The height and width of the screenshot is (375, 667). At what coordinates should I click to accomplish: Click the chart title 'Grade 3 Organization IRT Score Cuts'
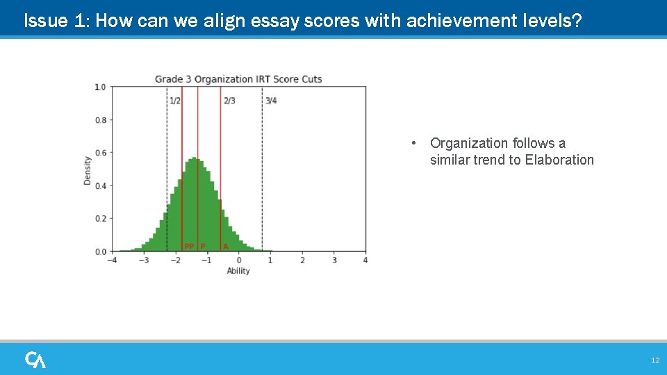pos(238,78)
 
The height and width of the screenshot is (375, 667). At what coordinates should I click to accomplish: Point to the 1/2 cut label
pos(175,101)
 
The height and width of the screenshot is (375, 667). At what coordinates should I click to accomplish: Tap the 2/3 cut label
pos(229,101)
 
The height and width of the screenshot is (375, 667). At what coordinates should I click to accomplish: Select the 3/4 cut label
pos(271,101)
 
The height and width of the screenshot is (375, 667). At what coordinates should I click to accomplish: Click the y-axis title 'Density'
pos(88,169)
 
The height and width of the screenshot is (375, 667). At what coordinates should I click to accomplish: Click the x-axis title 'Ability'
pos(238,271)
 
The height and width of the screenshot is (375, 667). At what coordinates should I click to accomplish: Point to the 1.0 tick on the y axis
pos(100,87)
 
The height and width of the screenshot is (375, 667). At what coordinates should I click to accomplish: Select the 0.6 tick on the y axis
pos(100,153)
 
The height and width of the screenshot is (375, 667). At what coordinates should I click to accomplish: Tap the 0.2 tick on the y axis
pos(100,218)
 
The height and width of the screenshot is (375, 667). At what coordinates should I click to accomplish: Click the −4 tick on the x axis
pos(111,260)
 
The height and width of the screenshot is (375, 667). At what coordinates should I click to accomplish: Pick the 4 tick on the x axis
pos(365,260)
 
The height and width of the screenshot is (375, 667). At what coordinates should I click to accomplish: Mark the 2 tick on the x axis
pos(302,260)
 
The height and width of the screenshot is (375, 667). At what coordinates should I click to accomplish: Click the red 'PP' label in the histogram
pos(189,246)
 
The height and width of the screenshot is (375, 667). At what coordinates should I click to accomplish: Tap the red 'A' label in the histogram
pos(225,246)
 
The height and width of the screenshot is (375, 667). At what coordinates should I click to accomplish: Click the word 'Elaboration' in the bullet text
pos(559,160)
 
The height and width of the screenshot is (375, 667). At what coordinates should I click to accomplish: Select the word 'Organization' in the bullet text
pos(469,143)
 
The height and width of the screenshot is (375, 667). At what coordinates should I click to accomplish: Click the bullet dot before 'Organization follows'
pos(413,144)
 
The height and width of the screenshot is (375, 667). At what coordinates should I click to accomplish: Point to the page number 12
pos(654,360)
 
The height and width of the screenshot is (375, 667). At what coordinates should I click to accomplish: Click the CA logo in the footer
pos(35,360)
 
